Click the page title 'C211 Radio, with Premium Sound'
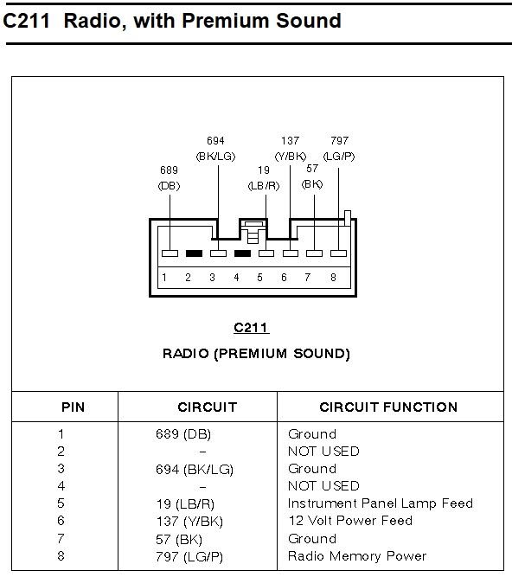[172, 21]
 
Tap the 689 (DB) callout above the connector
[170, 177]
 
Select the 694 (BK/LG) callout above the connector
[217, 148]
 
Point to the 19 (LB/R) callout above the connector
[263, 177]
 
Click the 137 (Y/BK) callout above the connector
[290, 148]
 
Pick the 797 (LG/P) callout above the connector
[339, 148]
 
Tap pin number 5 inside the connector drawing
[259, 278]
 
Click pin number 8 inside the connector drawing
[333, 278]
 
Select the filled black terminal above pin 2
[194, 254]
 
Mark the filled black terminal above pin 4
[242, 254]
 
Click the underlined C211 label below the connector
[252, 328]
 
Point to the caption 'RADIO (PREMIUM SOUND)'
[256, 353]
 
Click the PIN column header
[74, 407]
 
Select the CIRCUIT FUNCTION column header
[388, 407]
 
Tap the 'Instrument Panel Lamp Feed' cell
[380, 503]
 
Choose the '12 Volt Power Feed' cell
[349, 520]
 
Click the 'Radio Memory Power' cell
[356, 555]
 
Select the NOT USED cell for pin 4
[323, 485]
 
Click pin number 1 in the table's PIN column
[61, 433]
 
